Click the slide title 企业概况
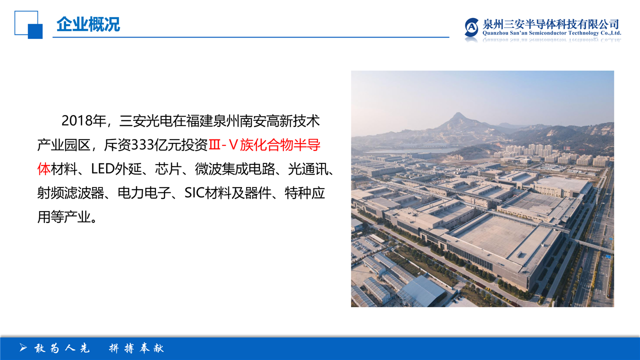[88, 24]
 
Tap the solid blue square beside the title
[35, 31]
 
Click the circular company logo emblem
[471, 27]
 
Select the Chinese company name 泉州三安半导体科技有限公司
[551, 24]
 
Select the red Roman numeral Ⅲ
[214, 145]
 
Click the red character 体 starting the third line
[43, 169]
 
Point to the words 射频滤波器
[70, 193]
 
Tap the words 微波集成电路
[235, 169]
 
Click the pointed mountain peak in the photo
[458, 115]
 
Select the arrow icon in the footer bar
[23, 347]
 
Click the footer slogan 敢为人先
[62, 348]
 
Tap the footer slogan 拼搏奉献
[136, 348]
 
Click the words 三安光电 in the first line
[145, 121]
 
